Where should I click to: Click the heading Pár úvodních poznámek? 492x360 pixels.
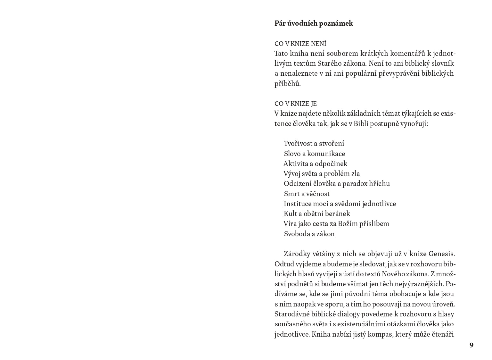coord(314,23)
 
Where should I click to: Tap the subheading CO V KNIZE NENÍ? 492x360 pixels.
coord(300,44)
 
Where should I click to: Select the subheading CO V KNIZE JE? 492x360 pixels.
coord(295,104)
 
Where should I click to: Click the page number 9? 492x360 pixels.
coord(471,345)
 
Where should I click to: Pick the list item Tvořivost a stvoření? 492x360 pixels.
coord(314,144)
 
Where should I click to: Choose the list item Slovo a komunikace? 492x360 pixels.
coord(314,154)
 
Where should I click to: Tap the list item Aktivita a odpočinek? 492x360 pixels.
coord(315,164)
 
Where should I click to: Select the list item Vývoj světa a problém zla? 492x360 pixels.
coord(322,174)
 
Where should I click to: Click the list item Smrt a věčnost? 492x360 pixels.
coord(307,194)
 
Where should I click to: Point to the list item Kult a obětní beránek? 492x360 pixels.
coord(317,214)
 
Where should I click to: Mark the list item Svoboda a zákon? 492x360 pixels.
coord(309,234)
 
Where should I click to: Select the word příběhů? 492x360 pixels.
coord(287,84)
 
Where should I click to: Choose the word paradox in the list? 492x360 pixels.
coord(355,184)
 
